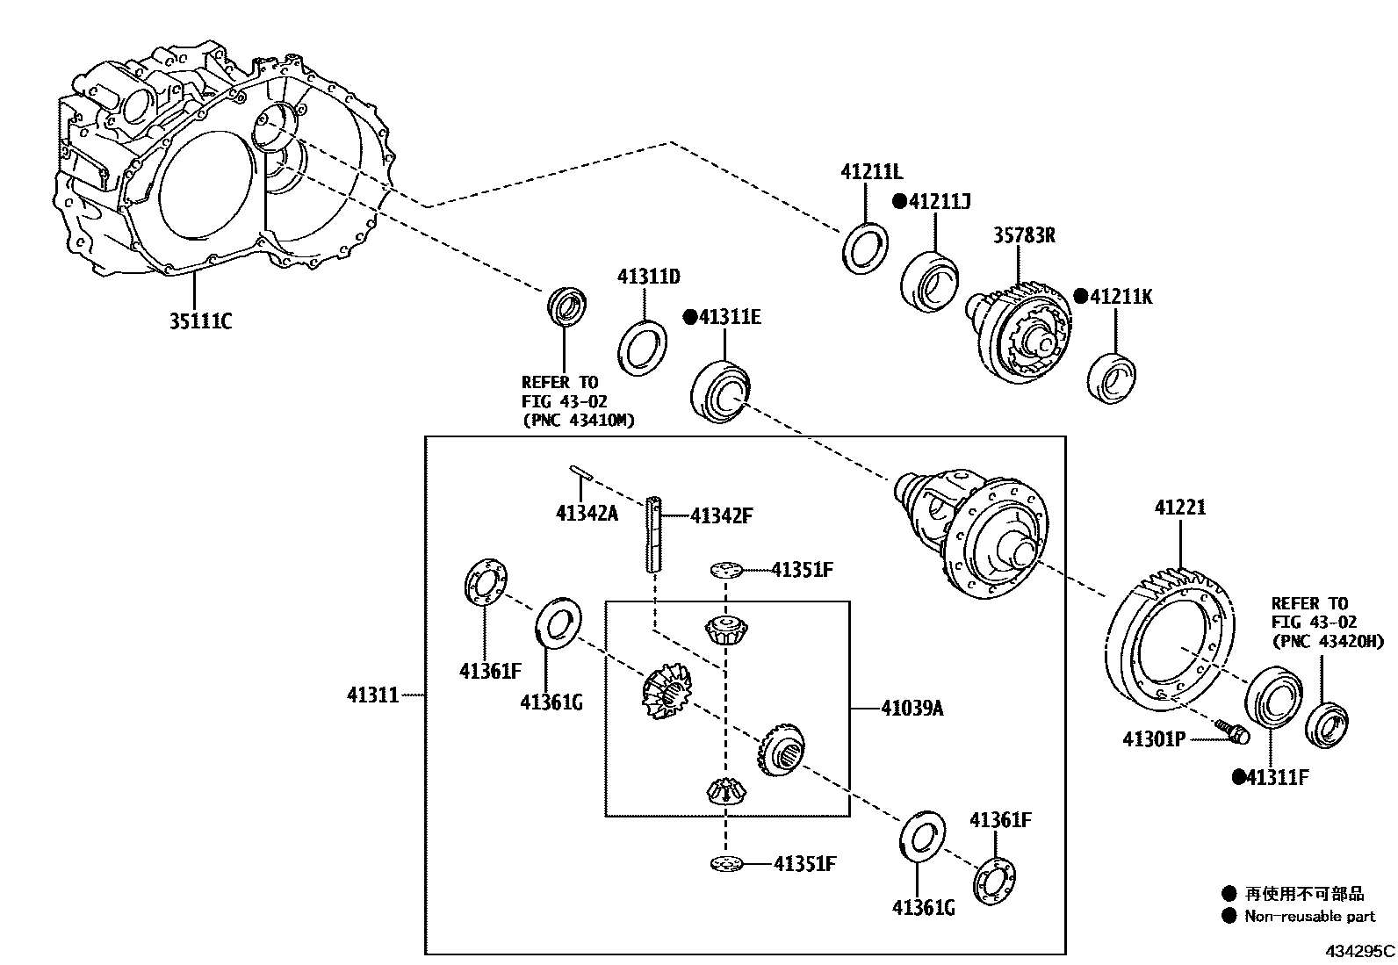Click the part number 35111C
click(x=200, y=321)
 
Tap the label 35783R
click(x=1024, y=234)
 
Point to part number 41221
click(x=1179, y=508)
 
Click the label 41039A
click(x=912, y=708)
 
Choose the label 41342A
click(x=587, y=513)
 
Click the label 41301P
click(x=1153, y=739)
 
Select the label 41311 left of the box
click(x=372, y=695)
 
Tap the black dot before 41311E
click(x=690, y=316)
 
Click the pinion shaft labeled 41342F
click(x=655, y=536)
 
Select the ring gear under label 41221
click(x=1168, y=641)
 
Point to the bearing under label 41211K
click(x=1112, y=378)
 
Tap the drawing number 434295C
click(x=1359, y=951)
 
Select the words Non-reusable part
click(x=1309, y=917)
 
